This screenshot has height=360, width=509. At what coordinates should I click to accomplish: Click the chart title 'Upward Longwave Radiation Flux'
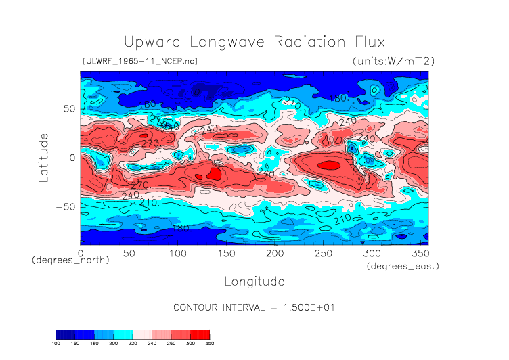click(x=254, y=42)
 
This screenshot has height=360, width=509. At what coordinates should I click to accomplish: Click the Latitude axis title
click(x=44, y=157)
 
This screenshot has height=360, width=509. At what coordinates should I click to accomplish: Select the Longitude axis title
click(x=255, y=281)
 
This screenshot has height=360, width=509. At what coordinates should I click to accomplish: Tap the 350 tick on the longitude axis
click(x=419, y=253)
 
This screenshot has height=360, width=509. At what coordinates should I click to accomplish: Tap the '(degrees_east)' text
click(x=403, y=267)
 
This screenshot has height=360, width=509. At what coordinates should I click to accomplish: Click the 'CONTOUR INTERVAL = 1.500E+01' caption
click(x=255, y=307)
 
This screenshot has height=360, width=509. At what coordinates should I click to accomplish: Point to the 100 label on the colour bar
click(x=56, y=343)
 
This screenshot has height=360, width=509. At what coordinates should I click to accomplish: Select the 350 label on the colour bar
click(x=209, y=343)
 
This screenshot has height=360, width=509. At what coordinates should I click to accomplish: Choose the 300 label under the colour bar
click(x=194, y=343)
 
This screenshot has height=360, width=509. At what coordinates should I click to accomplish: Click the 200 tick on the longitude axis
click(x=274, y=253)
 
